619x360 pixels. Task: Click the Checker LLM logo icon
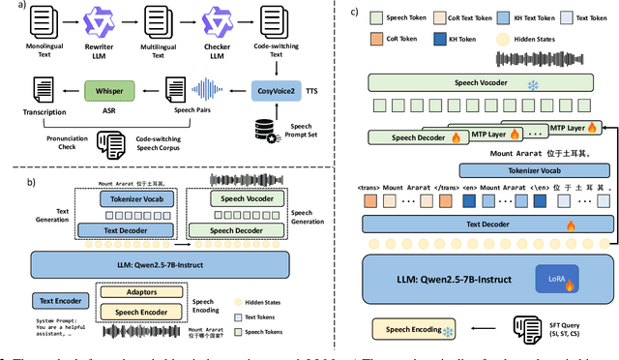coord(215,21)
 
